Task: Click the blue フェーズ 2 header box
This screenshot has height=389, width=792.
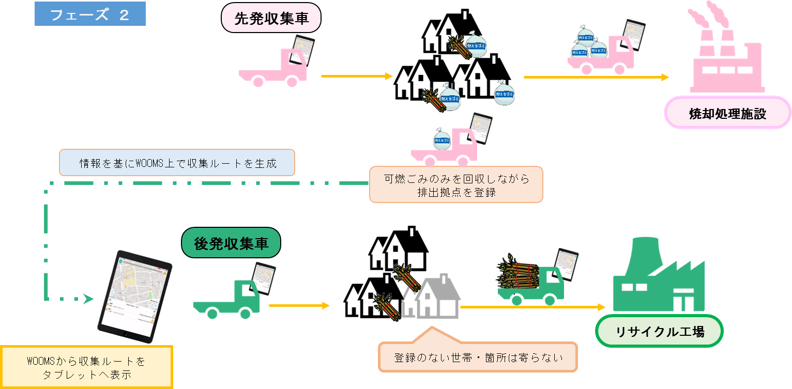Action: point(90,14)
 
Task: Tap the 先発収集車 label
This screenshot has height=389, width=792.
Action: point(271,19)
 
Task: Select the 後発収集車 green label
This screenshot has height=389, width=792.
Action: point(231,243)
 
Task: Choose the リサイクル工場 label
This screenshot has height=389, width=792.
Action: point(660,332)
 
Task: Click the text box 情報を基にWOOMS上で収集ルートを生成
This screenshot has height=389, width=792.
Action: point(177,163)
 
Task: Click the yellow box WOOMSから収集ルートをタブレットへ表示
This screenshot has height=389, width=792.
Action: point(86,367)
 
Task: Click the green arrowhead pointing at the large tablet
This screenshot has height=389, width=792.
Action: point(87,299)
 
